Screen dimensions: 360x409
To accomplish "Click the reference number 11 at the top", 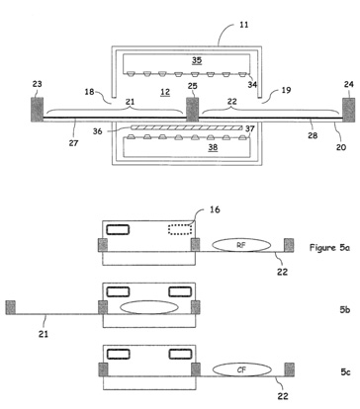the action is click(243, 25).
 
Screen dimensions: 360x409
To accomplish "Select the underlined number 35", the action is click(197, 60).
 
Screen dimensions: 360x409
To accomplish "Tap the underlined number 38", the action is click(213, 147).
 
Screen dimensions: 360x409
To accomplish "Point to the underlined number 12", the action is click(165, 92).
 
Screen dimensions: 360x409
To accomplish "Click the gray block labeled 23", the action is click(38, 110).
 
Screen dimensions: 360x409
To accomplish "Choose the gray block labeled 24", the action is click(349, 110).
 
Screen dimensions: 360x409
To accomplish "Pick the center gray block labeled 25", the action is click(192, 110).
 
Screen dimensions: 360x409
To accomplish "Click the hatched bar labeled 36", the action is click(187, 127).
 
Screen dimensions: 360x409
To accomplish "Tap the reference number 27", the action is click(73, 143).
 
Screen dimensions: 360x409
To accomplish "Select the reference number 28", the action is click(313, 135).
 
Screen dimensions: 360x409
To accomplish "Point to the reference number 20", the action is click(341, 147).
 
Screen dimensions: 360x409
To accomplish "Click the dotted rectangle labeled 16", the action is click(180, 229).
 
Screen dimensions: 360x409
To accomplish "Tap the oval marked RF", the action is click(241, 245).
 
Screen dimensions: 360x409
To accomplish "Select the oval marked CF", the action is click(242, 369).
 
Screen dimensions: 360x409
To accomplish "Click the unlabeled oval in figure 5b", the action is click(149, 307).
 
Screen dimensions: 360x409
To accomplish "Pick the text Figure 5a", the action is click(329, 247).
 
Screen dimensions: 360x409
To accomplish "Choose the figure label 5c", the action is click(345, 371).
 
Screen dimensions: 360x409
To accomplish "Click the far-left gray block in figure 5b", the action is click(11, 307).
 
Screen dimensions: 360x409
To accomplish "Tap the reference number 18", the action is click(89, 91).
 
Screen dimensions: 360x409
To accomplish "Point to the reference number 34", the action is click(252, 85).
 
